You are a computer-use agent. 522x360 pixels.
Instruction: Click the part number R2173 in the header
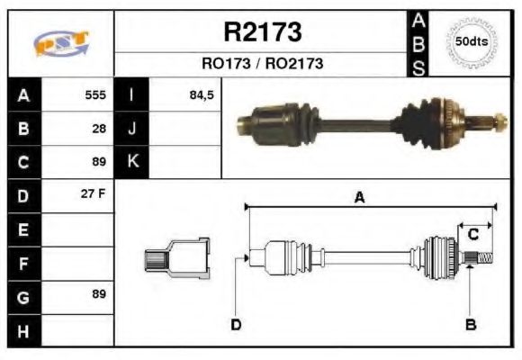pos(262,33)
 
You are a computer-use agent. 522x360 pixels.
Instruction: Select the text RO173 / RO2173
pos(262,65)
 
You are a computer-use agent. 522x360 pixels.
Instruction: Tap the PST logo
pos(61,43)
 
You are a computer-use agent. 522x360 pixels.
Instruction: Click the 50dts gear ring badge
pos(472,41)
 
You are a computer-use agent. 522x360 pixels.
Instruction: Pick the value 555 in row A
pos(95,94)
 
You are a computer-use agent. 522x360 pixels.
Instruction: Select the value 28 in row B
pos(99,129)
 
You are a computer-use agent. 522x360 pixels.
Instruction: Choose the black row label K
pos(132,162)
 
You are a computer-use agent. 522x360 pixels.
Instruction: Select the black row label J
pos(132,129)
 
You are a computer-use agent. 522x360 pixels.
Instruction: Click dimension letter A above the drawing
pos(359,198)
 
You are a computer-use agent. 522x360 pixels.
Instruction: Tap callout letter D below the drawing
pos(236,324)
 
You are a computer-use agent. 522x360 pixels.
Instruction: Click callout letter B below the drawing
pos(470,324)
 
